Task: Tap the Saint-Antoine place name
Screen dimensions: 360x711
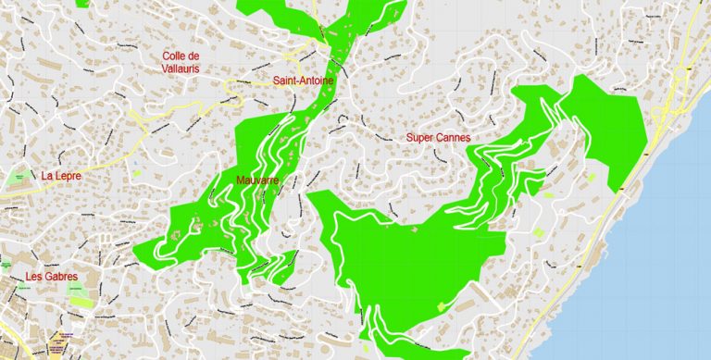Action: click(303, 81)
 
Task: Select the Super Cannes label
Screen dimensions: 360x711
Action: click(438, 137)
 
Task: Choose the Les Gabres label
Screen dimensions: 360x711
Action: click(52, 276)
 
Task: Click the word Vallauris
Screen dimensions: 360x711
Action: click(181, 68)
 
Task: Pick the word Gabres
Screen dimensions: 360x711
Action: click(62, 276)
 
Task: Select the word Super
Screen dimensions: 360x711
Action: click(420, 137)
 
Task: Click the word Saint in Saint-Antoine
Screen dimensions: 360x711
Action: click(286, 81)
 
